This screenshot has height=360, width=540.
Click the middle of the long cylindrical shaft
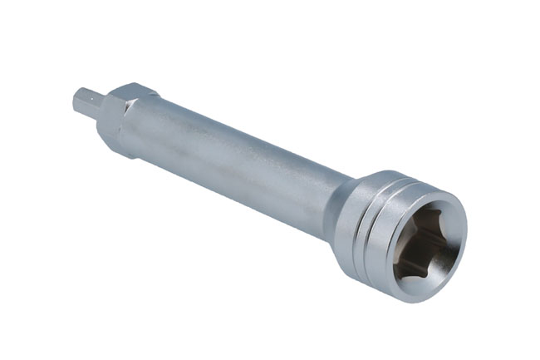pos(241,166)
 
